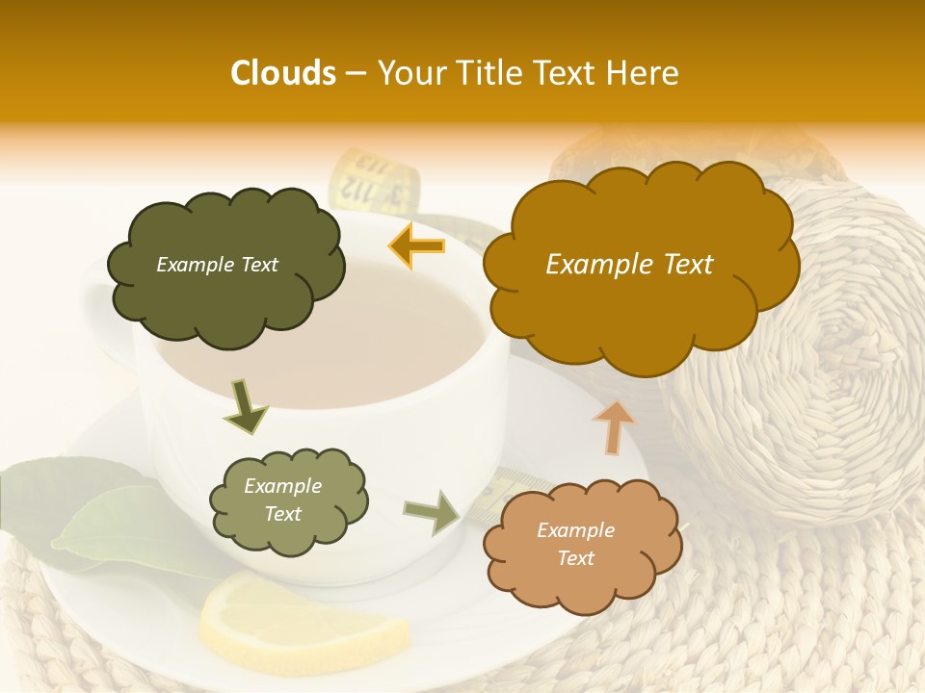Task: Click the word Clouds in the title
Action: tap(283, 73)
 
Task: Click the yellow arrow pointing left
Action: tap(416, 246)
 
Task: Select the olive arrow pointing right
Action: tap(432, 511)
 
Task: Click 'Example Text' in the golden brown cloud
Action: tap(629, 265)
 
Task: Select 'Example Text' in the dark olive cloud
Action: tap(217, 265)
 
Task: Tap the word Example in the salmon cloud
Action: tap(575, 530)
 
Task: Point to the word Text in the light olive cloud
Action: tap(282, 514)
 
